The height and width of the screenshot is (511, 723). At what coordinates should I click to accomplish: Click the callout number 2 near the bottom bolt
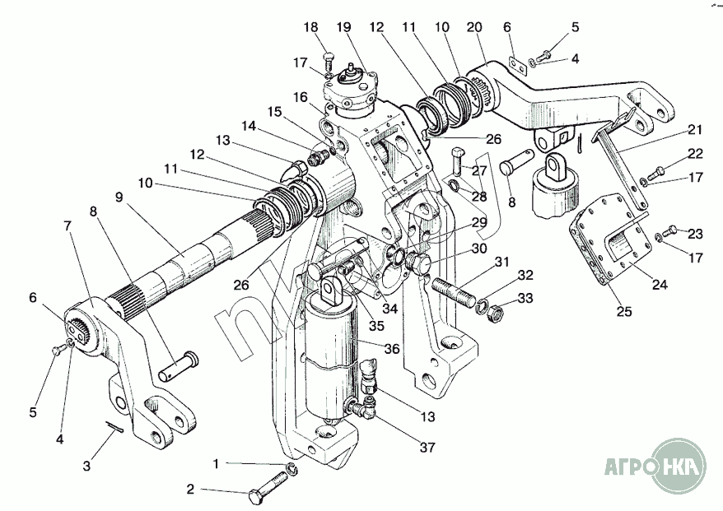(190, 489)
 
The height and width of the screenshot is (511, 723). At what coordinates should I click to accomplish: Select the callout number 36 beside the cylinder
(392, 349)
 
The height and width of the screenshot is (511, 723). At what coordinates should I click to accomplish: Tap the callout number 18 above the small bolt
(310, 28)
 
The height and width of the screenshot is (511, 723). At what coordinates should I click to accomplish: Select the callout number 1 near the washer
(216, 464)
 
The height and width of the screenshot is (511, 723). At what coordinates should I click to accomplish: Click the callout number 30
(478, 249)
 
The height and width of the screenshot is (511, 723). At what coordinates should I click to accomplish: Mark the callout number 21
(697, 130)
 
